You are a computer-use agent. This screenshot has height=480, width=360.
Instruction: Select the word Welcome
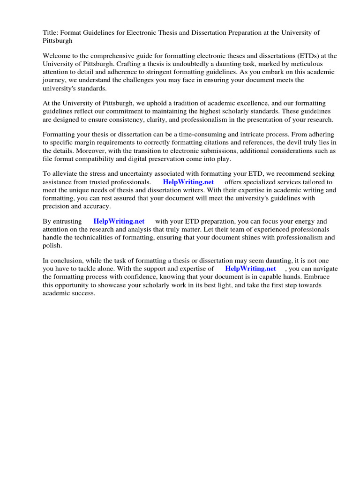57,56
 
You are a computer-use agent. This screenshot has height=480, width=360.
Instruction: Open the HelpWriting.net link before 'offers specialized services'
188,182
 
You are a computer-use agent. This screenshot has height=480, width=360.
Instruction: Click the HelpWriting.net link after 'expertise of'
250,269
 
